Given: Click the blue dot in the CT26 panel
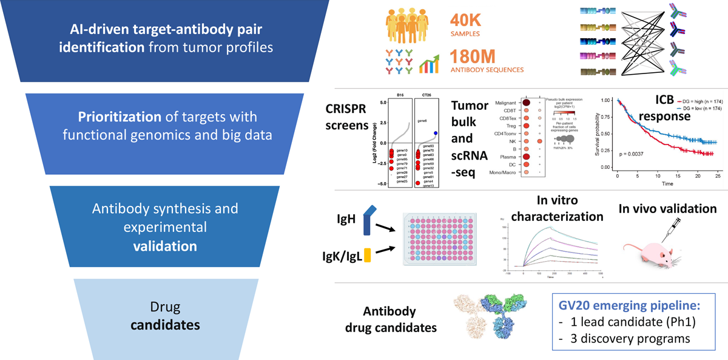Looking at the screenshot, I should point(436,133).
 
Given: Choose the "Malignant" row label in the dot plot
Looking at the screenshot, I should point(503,103).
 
